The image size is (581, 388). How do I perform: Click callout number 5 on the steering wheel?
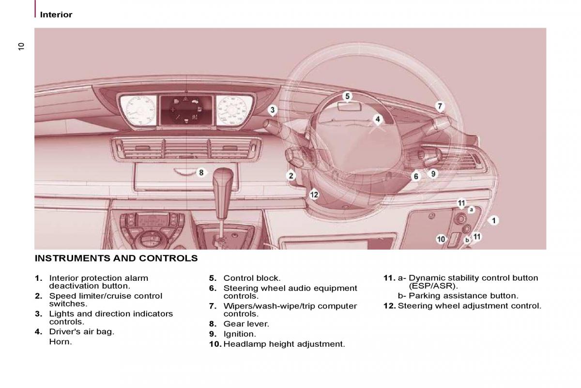pos(347,96)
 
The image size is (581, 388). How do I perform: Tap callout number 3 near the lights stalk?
pos(272,110)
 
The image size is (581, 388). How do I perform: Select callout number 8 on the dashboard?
pos(201,172)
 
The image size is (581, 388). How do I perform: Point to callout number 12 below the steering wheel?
pos(314,194)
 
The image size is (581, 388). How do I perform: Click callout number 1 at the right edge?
pos(493,221)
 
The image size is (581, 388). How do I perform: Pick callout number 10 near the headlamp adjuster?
pos(441,239)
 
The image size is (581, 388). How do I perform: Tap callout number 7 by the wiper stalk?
pos(440,106)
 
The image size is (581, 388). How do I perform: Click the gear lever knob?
pos(223,177)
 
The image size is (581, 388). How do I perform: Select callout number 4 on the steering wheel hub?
pos(378,119)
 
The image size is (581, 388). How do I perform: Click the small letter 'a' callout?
pos(471,210)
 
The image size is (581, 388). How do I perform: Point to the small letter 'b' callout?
pos(467,240)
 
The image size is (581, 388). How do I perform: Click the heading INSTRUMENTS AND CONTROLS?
pos(116,259)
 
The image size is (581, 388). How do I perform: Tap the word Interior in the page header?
pos(56,15)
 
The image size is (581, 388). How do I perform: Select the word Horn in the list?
pos(61,342)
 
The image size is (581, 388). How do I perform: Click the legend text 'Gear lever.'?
pos(246,324)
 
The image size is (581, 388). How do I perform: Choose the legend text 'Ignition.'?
pos(240,334)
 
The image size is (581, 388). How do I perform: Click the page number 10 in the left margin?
pos(21,46)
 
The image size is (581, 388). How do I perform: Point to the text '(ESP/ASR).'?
pos(433,286)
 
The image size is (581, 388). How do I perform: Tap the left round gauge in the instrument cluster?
pos(139,111)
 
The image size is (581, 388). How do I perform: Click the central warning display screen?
pos(186,110)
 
